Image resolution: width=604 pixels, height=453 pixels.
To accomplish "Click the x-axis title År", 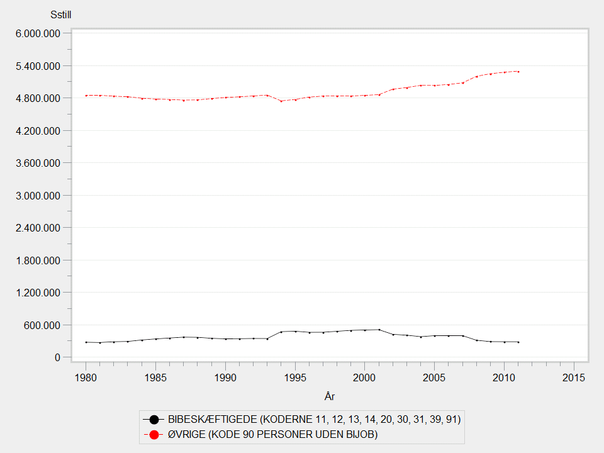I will [330, 396].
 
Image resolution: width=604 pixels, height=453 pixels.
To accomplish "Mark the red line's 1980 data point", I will [86, 95].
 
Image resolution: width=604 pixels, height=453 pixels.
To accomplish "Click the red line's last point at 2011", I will [518, 72].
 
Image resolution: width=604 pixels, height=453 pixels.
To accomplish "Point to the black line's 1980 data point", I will [86, 342].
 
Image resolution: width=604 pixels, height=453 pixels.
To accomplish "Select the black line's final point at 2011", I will [518, 342].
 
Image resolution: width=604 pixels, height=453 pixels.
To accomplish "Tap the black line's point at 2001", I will [379, 330].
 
